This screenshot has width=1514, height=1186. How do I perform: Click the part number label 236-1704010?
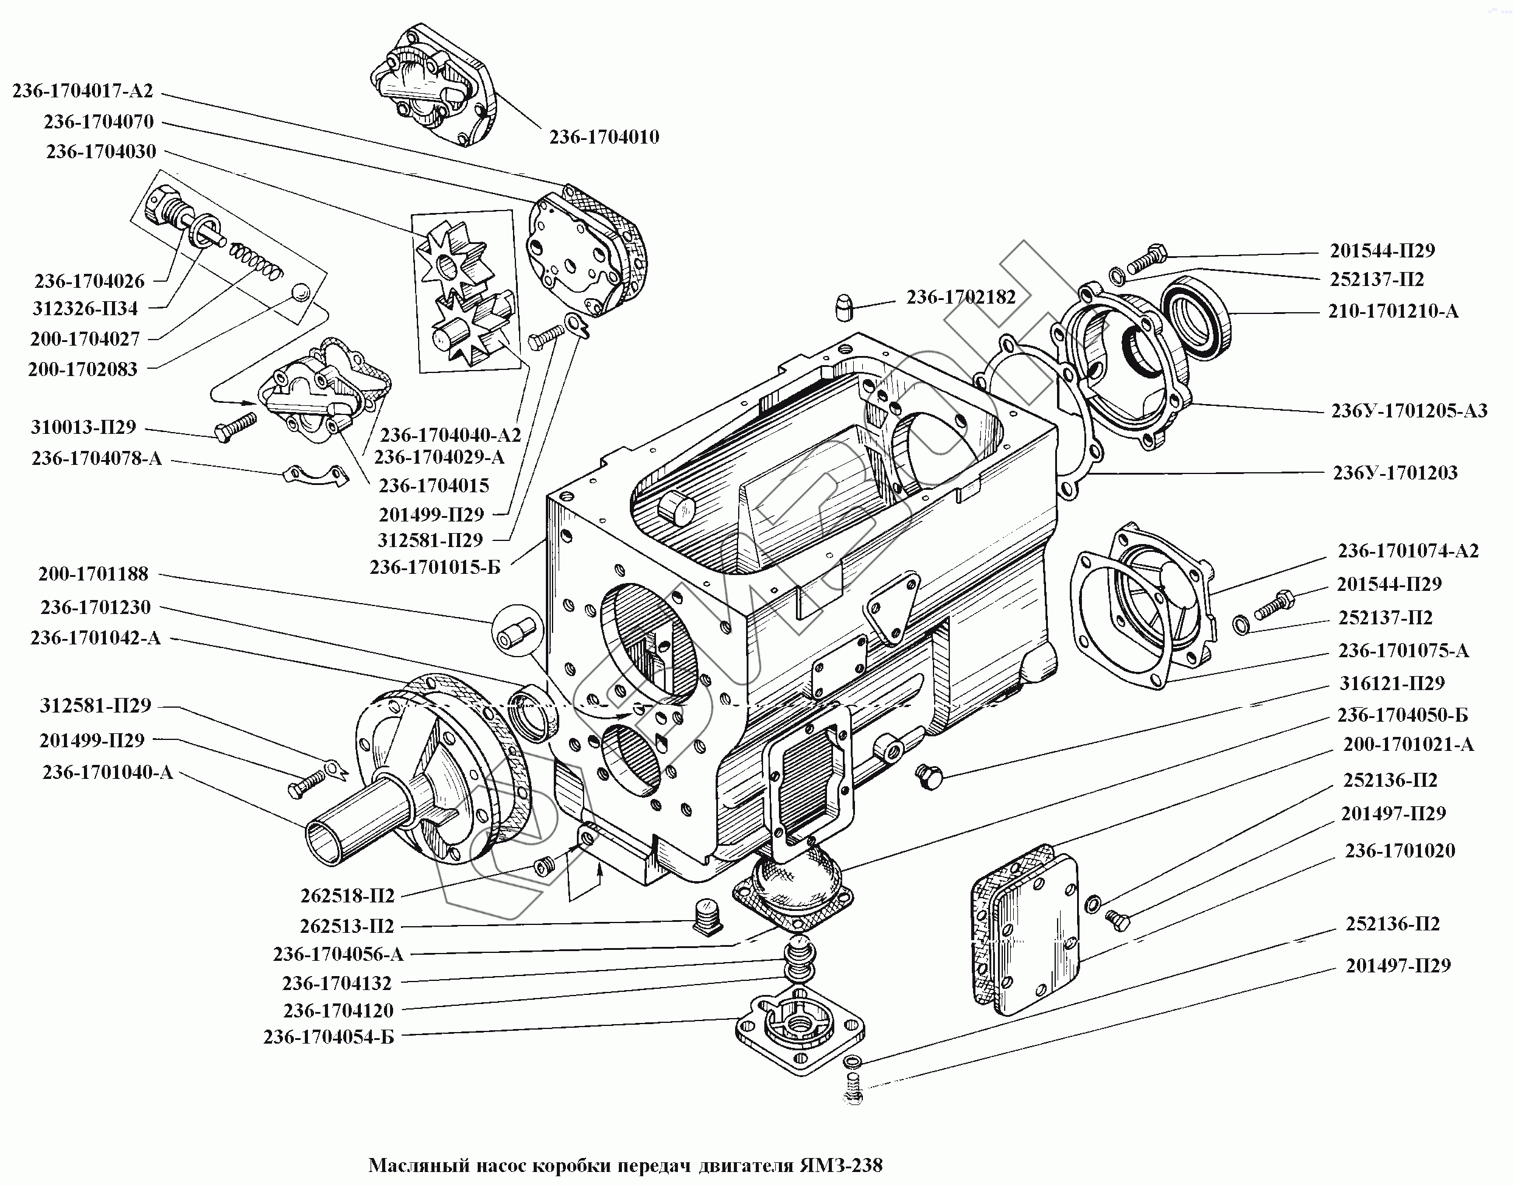pos(604,137)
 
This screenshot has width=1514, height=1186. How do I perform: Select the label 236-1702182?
pos(960,297)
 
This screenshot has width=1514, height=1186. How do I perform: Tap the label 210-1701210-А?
pos(1393,311)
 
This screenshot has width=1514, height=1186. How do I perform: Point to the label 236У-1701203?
pos(1395,473)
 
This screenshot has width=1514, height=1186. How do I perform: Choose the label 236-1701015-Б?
pos(434,567)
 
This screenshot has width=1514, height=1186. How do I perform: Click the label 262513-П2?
pos(347,926)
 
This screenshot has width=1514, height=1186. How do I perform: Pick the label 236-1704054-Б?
pos(329,1037)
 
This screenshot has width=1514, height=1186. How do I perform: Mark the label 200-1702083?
pos(83,369)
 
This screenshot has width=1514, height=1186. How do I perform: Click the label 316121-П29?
pos(1392,683)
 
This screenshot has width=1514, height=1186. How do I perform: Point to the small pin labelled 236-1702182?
pos(843,306)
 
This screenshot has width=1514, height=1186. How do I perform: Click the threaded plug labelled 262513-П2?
pos(708,917)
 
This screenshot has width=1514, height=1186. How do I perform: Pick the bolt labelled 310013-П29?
pos(235,425)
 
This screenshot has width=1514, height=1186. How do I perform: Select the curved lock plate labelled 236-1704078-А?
pos(315,475)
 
